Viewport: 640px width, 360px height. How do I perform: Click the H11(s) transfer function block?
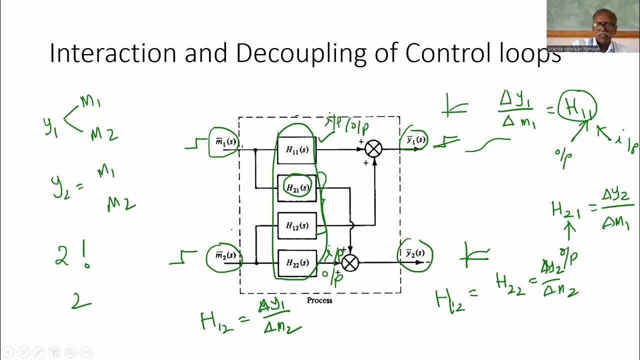tap(297, 149)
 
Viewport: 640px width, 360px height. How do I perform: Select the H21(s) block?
tap(297, 188)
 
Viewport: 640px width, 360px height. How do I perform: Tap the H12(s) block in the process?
tap(297, 225)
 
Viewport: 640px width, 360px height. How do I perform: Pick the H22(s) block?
tap(297, 263)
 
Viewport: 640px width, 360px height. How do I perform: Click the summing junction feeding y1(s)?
tap(373, 148)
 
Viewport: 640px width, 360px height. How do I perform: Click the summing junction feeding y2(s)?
tap(350, 262)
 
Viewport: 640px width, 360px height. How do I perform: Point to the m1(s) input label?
tap(225, 142)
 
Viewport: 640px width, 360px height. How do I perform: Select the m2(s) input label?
tap(225, 256)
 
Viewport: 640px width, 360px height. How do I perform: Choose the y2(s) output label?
tap(415, 253)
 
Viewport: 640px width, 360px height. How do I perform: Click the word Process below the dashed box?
tap(319, 300)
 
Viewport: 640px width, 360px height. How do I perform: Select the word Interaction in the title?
tap(113, 53)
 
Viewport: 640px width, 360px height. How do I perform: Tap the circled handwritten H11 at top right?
tap(577, 106)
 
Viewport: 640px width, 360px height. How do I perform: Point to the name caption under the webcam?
tap(573, 49)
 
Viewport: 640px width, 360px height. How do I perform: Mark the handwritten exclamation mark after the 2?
tap(86, 256)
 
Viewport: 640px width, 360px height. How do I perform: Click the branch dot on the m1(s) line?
tap(255, 149)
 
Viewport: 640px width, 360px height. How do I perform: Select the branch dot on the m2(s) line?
tap(256, 263)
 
